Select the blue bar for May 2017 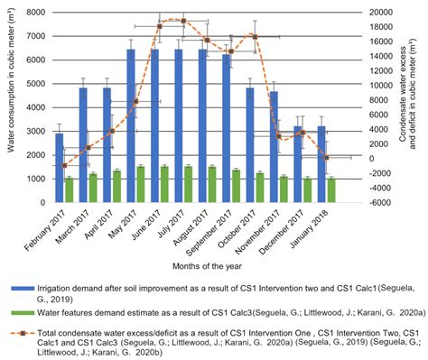click(x=131, y=125)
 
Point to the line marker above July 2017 click(x=183, y=20)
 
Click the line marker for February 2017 click(x=65, y=165)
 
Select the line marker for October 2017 click(x=255, y=36)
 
